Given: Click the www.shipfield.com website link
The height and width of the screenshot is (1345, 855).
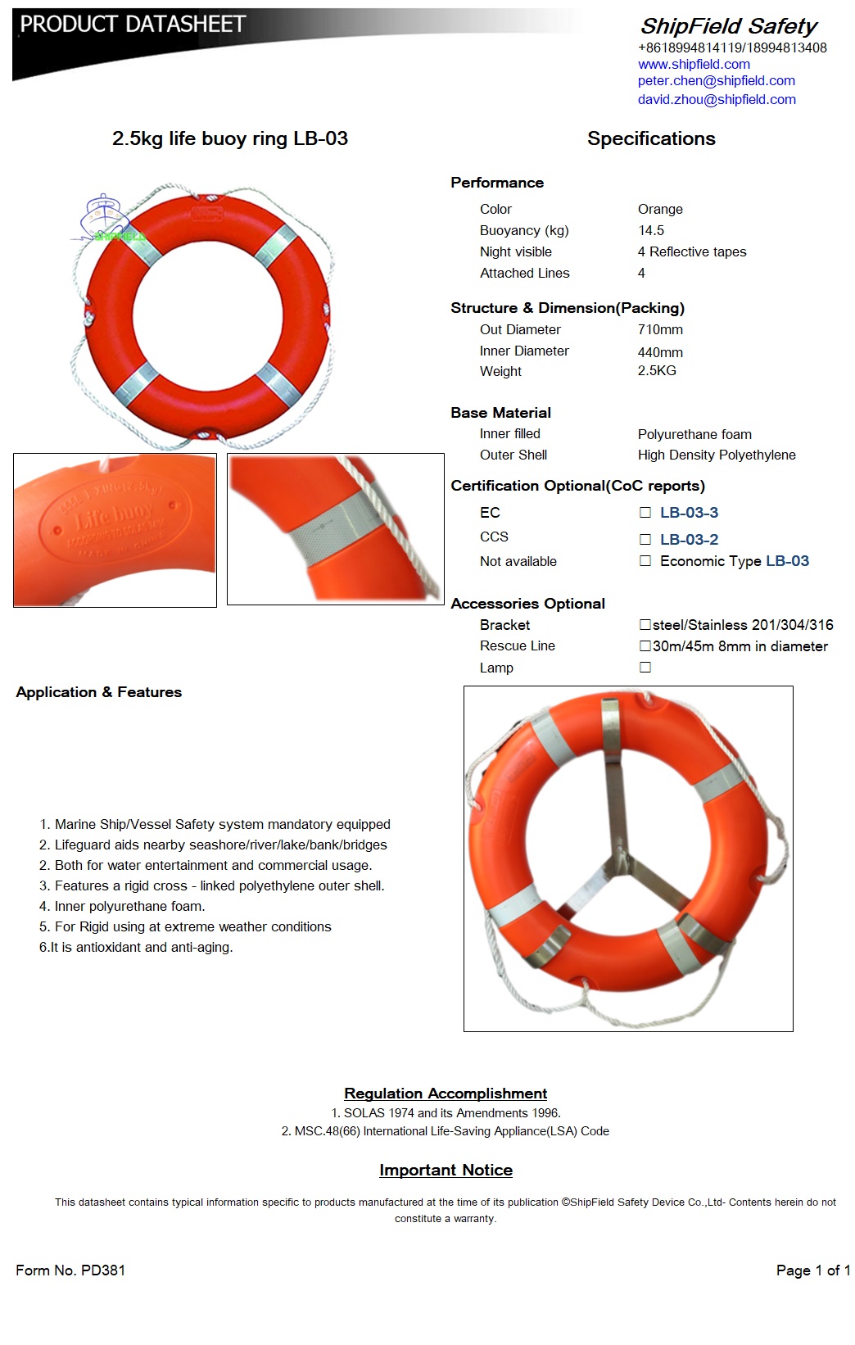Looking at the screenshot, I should [694, 64].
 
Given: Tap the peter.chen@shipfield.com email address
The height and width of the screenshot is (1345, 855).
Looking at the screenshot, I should [716, 80].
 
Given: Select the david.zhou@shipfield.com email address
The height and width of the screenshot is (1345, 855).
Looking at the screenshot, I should [717, 99].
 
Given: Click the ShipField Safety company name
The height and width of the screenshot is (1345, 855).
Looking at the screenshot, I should [728, 26].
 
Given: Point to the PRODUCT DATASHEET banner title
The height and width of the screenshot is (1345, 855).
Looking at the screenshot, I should [133, 25].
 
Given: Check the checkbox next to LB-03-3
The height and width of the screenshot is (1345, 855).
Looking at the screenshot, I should [645, 513].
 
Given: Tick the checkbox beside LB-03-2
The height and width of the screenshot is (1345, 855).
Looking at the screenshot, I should [645, 540].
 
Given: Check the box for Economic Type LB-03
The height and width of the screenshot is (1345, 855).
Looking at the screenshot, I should [645, 561].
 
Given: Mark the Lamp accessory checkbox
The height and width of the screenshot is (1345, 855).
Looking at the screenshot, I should [645, 668].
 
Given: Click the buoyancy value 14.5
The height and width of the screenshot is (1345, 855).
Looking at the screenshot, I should [651, 230].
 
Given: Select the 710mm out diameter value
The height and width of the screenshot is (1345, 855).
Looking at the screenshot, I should [660, 329].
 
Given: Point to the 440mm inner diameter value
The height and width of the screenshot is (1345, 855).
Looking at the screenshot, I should [660, 352].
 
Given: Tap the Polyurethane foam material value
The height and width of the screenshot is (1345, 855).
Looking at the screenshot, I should [694, 434].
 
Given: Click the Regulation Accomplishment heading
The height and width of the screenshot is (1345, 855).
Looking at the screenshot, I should [446, 1094].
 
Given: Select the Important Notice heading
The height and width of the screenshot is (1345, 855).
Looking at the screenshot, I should [446, 1171].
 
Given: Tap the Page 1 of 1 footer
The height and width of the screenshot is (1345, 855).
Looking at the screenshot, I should [812, 1270].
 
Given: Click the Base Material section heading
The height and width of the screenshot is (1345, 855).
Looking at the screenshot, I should [500, 413].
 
